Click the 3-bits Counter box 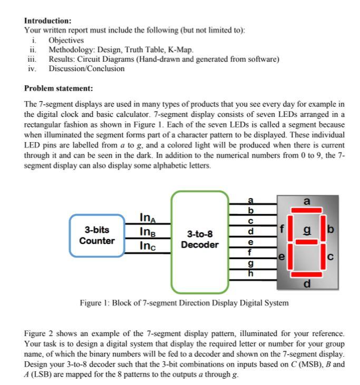tap(96, 235)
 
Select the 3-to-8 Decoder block tap(199, 240)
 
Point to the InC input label tap(148, 245)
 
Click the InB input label tap(148, 232)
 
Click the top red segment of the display tap(306, 211)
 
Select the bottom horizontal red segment tap(306, 274)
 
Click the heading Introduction tap(48, 21)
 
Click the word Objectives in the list tap(66, 40)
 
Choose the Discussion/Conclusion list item tap(86, 68)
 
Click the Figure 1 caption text tap(184, 303)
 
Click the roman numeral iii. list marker tap(31, 59)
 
